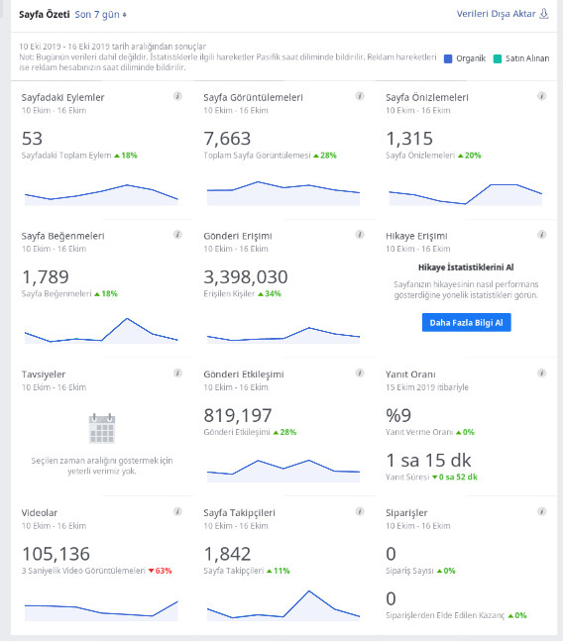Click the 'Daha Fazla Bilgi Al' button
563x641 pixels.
466,323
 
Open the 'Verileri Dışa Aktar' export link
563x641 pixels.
503,14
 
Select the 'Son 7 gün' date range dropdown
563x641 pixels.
100,15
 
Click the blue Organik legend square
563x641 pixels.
448,58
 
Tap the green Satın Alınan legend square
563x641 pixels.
498,58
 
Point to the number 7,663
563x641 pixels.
227,139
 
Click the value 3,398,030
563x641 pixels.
246,277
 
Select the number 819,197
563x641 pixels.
238,416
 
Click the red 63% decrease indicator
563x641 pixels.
160,571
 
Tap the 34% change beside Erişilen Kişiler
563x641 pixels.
270,294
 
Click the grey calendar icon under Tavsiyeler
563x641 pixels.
102,428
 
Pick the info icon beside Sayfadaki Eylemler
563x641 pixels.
177,96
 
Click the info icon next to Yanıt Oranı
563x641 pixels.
542,373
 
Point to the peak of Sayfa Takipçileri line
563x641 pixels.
309,591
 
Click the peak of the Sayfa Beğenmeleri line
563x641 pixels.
128,318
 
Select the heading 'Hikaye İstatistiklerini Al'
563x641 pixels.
466,267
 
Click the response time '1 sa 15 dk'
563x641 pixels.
428,461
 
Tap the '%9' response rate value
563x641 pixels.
398,416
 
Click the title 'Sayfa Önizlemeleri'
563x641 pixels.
427,98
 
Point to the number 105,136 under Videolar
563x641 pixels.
56,555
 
